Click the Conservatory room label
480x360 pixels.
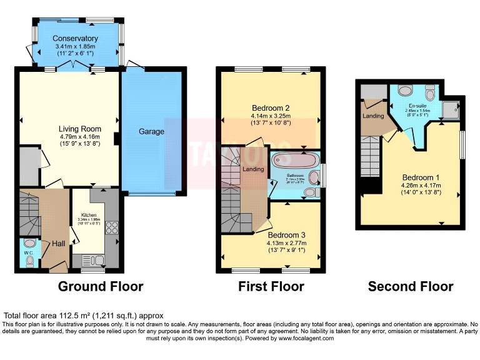click(x=76, y=38)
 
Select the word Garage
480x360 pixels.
click(x=151, y=132)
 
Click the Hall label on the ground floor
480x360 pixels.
click(x=59, y=243)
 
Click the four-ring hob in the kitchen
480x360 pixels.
click(x=113, y=227)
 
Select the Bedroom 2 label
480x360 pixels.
click(x=270, y=107)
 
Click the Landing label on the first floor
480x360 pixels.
click(x=252, y=168)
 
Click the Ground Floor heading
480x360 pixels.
click(x=101, y=287)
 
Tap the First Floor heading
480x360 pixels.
click(x=271, y=287)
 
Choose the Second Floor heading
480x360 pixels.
click(x=410, y=287)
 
